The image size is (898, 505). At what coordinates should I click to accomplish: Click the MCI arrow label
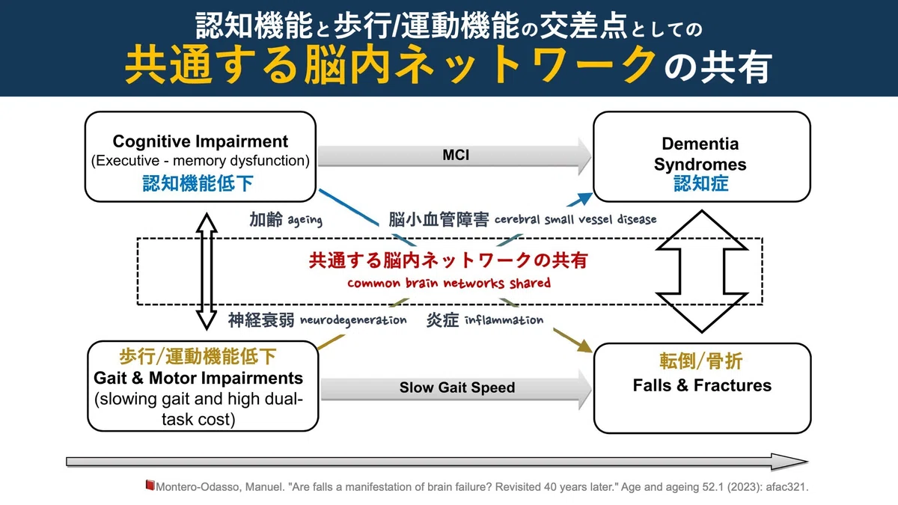tap(456, 155)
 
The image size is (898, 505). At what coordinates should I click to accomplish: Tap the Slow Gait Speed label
tap(457, 388)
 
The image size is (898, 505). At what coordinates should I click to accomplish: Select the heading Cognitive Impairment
tap(200, 141)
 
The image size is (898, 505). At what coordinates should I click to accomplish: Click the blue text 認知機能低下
tap(198, 183)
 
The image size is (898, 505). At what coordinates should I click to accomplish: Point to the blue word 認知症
tap(700, 183)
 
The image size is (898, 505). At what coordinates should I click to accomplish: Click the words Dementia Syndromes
tap(700, 154)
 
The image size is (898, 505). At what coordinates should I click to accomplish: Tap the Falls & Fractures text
tap(702, 385)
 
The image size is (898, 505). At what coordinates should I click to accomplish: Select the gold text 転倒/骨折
tap(701, 361)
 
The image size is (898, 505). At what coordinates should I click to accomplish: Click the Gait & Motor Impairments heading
tap(198, 378)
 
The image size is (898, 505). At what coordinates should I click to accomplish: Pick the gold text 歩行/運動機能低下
tap(198, 356)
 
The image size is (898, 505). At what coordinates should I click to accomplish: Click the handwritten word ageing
tap(305, 220)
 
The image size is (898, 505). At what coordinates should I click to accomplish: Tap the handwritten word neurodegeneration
tap(353, 320)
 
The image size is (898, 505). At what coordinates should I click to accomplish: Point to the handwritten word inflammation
tap(504, 320)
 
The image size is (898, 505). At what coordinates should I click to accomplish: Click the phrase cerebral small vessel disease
tap(575, 219)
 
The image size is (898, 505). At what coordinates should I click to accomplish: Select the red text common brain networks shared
tap(449, 283)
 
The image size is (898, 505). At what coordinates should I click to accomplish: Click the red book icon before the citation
tap(150, 486)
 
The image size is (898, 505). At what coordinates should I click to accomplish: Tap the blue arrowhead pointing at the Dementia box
tap(583, 199)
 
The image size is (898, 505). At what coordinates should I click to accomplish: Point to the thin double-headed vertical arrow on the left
tap(207, 272)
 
